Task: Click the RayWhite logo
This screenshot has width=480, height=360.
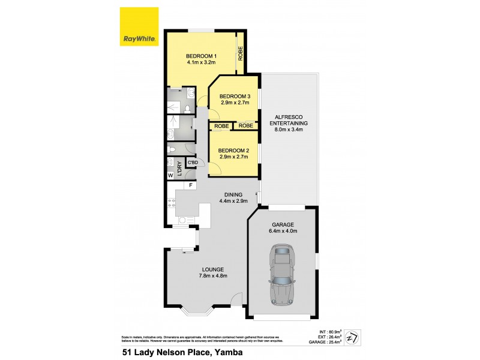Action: (x=139, y=26)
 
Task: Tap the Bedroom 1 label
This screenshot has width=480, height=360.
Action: (x=201, y=56)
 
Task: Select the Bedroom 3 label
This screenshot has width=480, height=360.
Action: (x=234, y=96)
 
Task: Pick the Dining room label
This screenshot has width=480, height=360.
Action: (x=233, y=194)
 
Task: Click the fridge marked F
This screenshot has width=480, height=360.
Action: (x=191, y=185)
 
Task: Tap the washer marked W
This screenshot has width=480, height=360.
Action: (x=170, y=175)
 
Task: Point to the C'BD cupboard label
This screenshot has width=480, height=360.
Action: (x=193, y=163)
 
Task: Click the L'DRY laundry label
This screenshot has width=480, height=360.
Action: (x=179, y=166)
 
